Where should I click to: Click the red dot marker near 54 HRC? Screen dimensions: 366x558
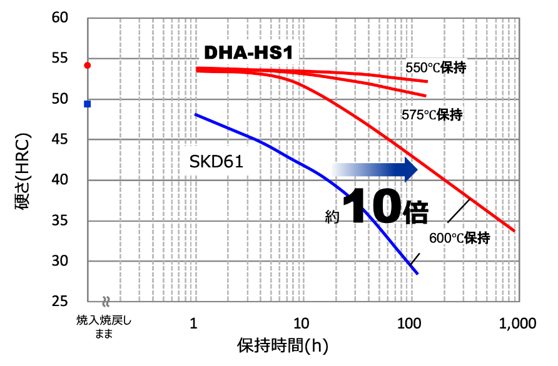click(x=88, y=65)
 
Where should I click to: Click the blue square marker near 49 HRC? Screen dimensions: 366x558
click(x=88, y=104)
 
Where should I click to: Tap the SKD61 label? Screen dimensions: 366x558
click(x=216, y=162)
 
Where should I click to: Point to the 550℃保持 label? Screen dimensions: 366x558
click(x=436, y=67)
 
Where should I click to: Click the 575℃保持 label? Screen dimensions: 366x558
click(x=432, y=115)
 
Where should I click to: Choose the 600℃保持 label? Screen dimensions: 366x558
click(x=459, y=238)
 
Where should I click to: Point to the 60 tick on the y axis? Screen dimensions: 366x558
click(x=59, y=17)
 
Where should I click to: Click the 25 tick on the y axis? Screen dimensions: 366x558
click(x=59, y=302)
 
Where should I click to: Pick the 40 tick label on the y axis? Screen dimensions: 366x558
click(x=59, y=180)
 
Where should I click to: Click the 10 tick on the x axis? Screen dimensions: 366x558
click(x=302, y=324)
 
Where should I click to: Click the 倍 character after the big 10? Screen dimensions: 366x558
click(x=414, y=212)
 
